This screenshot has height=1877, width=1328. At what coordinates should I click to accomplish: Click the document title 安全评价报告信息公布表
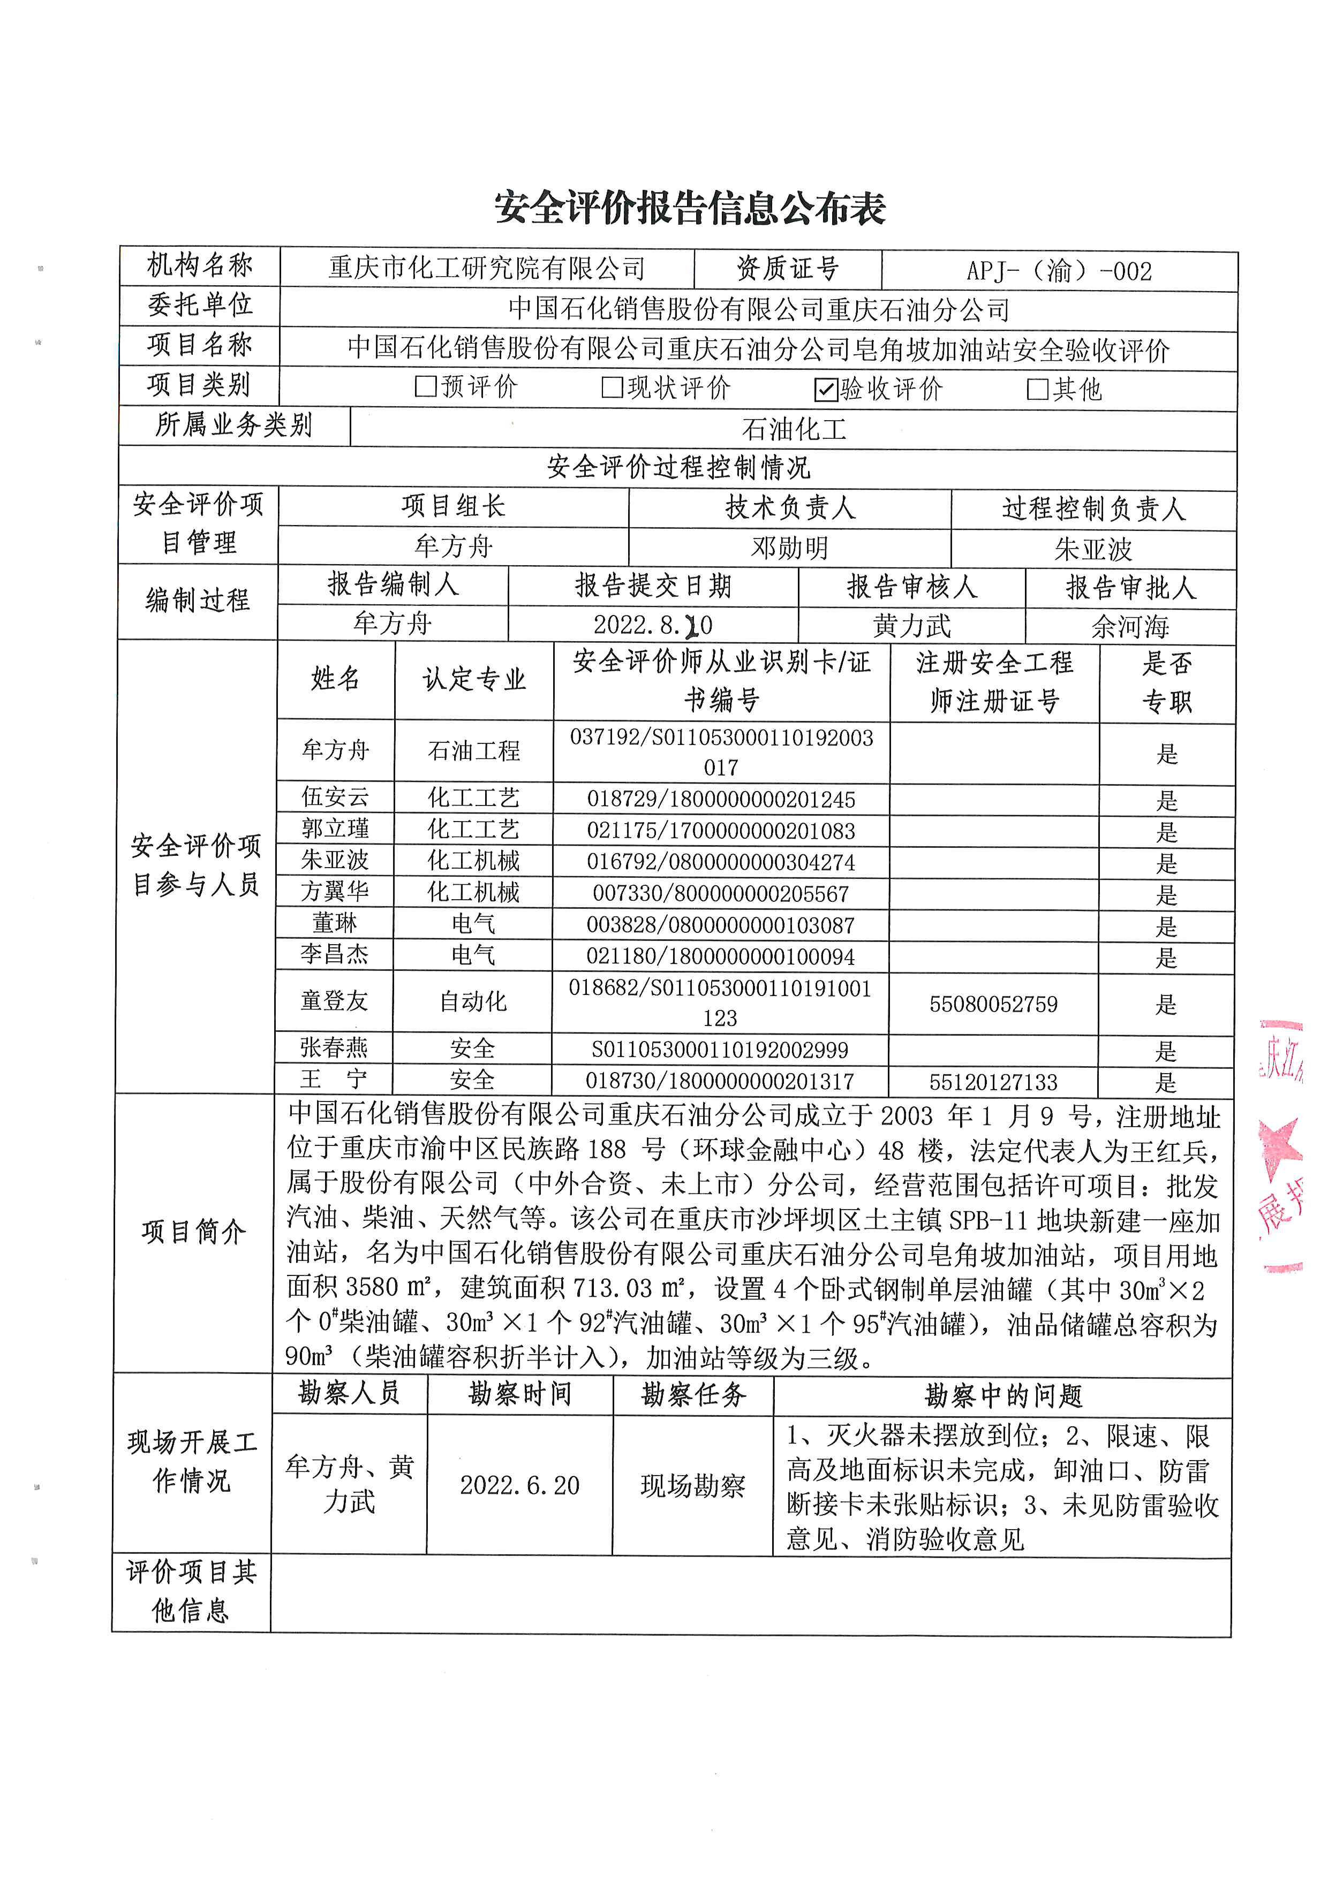(x=689, y=208)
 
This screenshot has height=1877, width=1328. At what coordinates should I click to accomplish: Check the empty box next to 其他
(x=1037, y=389)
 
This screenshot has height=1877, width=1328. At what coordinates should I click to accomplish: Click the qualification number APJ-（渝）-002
(x=1059, y=271)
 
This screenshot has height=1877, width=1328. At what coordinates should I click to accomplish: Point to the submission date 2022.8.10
(x=653, y=625)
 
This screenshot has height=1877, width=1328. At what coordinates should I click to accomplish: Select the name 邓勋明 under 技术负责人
(x=789, y=548)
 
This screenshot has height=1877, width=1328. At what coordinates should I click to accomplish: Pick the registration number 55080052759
(x=993, y=1004)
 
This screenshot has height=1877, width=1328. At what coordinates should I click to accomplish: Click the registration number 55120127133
(x=993, y=1082)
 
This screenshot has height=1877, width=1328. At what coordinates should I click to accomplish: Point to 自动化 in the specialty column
(x=473, y=1001)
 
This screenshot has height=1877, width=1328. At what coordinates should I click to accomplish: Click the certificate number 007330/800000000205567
(x=720, y=893)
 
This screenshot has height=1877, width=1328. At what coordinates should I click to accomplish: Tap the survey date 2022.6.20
(x=519, y=1485)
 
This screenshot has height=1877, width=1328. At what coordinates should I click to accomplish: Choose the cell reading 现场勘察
(x=692, y=1485)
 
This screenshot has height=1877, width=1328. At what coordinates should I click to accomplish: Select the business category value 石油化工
(x=793, y=429)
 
